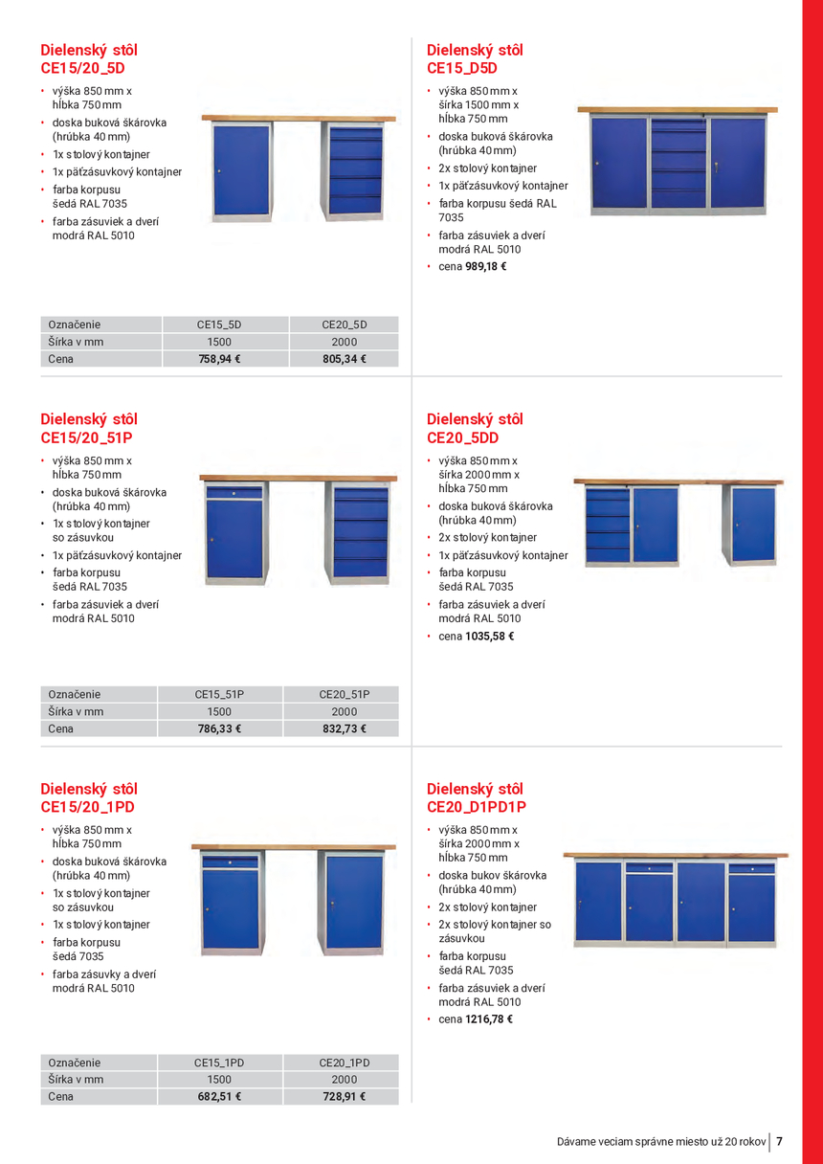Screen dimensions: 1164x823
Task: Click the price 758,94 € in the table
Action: pos(219,360)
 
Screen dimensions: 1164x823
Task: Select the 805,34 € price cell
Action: pos(344,360)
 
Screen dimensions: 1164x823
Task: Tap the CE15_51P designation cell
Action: pos(219,694)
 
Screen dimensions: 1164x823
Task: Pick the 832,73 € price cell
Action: pos(344,729)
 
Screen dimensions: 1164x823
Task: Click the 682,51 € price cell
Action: pos(219,1097)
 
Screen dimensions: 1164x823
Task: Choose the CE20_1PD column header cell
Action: pos(344,1063)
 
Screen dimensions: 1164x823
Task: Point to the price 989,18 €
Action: pos(485,267)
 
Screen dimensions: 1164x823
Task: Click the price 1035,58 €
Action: pos(489,637)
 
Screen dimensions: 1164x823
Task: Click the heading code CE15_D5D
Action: pos(462,69)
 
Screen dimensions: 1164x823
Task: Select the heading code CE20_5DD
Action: pos(462,438)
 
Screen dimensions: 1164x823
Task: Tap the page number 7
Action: pos(780,1141)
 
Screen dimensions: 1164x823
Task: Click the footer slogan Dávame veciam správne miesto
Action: pos(661,1142)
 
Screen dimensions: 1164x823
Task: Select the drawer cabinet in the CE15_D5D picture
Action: pos(678,161)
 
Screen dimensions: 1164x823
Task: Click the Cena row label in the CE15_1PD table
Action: pos(61,1097)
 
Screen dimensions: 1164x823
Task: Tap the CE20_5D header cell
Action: pos(344,325)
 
